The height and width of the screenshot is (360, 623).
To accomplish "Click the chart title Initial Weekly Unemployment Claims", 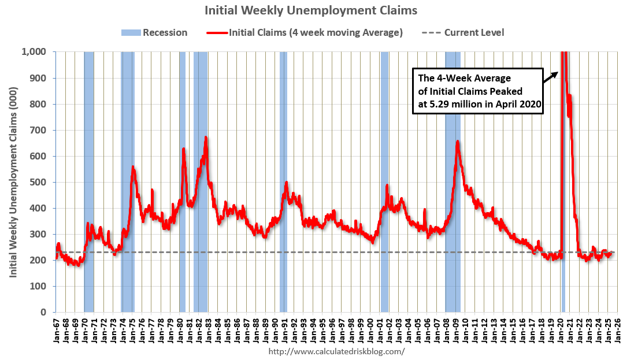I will [x=311, y=10].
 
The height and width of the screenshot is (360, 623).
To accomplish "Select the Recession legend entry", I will [x=154, y=32].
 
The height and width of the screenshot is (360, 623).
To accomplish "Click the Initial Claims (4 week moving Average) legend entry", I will [x=305, y=32].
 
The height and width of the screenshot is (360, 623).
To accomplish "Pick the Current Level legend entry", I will [x=466, y=32].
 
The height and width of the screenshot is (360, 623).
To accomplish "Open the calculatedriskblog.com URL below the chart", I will [x=337, y=351].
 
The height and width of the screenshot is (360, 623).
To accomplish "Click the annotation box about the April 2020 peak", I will [x=477, y=91].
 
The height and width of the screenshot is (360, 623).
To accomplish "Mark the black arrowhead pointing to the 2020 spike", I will [x=555, y=72].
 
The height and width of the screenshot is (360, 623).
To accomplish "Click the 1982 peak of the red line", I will [x=206, y=138].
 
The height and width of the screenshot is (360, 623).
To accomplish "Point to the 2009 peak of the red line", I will [x=458, y=142].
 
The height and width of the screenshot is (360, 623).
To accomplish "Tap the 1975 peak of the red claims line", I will [x=133, y=168].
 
